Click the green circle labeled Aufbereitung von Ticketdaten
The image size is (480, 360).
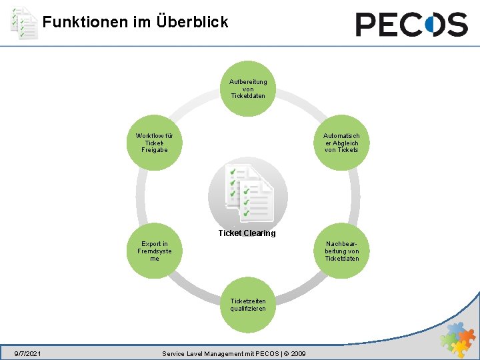click(248, 89)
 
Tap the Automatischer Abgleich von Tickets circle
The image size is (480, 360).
click(341, 143)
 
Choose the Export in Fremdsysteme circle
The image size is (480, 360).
click(154, 251)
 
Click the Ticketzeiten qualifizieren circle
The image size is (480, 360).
click(248, 305)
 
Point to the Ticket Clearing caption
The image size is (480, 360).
click(247, 233)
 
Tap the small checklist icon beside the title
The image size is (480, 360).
click(23, 23)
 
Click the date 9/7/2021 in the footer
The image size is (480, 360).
click(28, 353)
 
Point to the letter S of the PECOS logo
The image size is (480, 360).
click(456, 25)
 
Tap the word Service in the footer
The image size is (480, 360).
click(173, 353)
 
